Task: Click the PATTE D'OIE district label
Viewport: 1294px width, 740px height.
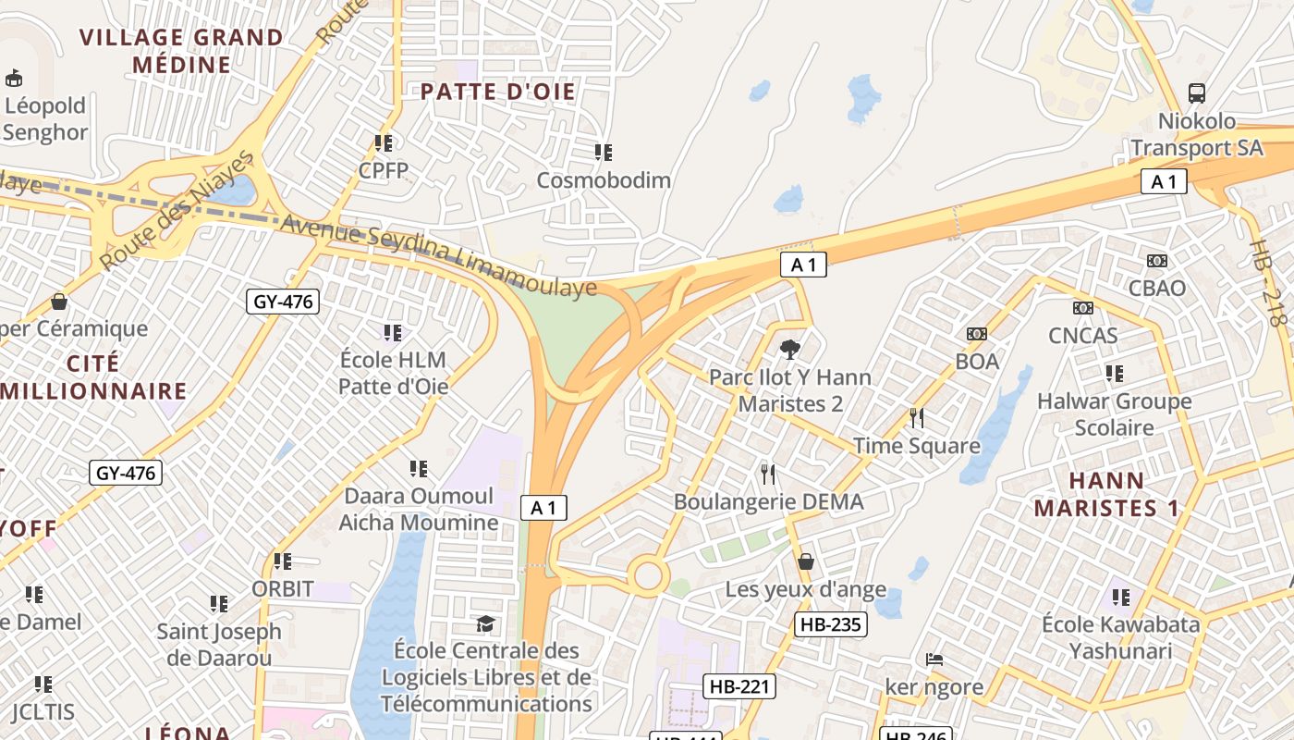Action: (x=497, y=92)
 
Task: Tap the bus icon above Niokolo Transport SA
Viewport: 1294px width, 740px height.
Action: (x=1197, y=92)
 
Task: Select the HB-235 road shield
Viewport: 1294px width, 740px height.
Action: (x=830, y=624)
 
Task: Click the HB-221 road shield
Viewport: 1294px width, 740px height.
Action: (x=739, y=686)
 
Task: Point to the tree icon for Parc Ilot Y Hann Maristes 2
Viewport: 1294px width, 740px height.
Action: (x=789, y=350)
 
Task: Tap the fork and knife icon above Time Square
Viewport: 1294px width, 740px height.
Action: (x=916, y=418)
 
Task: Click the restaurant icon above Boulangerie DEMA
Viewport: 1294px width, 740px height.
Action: (x=768, y=475)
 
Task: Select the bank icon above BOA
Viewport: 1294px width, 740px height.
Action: (x=977, y=334)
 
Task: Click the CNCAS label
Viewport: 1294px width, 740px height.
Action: (x=1082, y=335)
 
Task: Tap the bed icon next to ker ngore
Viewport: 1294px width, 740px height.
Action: (x=934, y=660)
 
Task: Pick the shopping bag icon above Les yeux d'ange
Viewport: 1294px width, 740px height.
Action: (x=805, y=561)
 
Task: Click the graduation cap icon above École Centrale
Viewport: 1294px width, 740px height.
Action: (x=485, y=623)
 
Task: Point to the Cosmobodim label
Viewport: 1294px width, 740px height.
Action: (x=604, y=179)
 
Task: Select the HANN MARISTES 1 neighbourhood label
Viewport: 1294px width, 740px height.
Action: (x=1106, y=494)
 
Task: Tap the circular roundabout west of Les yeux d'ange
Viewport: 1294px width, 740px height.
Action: (x=647, y=576)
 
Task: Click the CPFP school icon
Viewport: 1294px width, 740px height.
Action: (x=384, y=143)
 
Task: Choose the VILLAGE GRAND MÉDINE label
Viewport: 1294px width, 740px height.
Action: (x=181, y=51)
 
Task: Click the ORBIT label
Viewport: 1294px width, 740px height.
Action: (x=283, y=588)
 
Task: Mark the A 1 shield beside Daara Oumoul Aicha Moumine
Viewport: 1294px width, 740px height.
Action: (x=543, y=507)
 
